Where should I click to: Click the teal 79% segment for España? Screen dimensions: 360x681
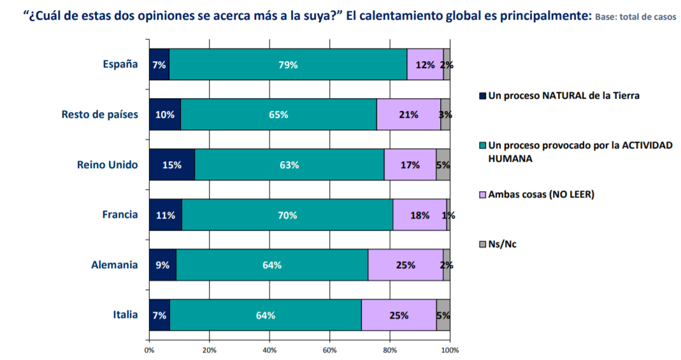tap(288, 64)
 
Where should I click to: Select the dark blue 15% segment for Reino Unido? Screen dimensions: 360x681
tap(172, 165)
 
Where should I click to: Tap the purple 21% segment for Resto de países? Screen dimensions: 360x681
tap(408, 115)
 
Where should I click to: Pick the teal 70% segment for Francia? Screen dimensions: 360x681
tap(287, 215)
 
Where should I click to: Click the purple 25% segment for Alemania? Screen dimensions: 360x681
tap(405, 265)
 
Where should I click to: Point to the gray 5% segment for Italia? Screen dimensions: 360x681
tap(443, 315)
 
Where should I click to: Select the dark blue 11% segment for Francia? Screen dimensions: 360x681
tap(166, 215)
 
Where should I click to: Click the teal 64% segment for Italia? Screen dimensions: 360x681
tap(266, 315)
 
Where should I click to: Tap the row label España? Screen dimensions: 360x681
tap(120, 64)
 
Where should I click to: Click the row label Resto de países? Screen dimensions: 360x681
tap(99, 115)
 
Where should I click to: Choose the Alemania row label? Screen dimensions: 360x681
tap(115, 265)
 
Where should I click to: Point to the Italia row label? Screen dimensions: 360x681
tap(125, 315)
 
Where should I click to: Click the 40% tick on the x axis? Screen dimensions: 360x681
tap(269, 350)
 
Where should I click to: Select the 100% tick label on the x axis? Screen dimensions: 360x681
tap(450, 350)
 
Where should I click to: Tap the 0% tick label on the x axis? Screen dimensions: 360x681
tap(149, 350)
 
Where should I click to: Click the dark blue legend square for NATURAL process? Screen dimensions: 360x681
tap(482, 96)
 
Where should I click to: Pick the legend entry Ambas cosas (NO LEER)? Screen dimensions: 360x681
tap(541, 194)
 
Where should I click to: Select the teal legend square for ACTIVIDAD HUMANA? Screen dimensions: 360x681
tap(482, 146)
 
